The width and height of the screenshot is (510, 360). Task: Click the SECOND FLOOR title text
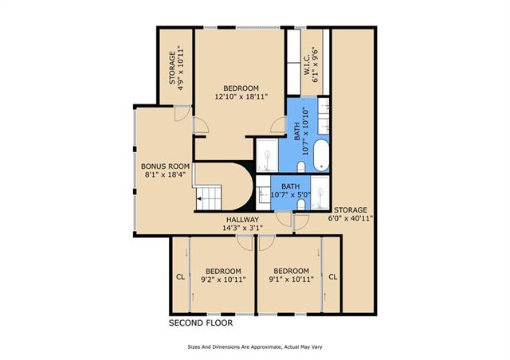[201, 323]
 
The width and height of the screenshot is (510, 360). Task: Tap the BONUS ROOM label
[165, 166]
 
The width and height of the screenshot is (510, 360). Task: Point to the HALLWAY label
[242, 220]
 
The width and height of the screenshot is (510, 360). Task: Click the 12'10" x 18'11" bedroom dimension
[241, 96]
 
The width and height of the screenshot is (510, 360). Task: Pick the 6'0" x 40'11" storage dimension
[351, 218]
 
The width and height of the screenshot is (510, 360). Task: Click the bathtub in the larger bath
[321, 155]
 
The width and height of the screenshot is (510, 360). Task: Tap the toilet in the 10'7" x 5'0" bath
[301, 205]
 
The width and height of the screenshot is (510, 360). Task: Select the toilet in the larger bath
[301, 167]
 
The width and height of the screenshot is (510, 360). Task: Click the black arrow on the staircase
[198, 198]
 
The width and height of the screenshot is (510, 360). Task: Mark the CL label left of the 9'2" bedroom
[181, 277]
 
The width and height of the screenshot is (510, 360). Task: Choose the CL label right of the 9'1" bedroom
[333, 276]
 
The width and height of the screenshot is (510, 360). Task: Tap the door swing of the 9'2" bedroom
[245, 243]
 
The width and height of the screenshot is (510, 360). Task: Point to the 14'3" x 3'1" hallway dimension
[242, 228]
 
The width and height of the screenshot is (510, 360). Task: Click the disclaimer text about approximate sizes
[255, 347]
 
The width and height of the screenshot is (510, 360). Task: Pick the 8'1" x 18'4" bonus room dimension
[165, 174]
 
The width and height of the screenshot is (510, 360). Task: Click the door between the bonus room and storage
[182, 114]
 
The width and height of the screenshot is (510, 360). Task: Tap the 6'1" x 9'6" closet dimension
[316, 65]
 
